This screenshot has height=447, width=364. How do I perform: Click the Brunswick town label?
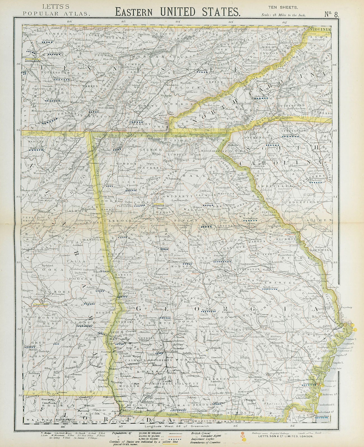click(311, 383)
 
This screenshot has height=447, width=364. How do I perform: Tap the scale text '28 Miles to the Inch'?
click(290, 16)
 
